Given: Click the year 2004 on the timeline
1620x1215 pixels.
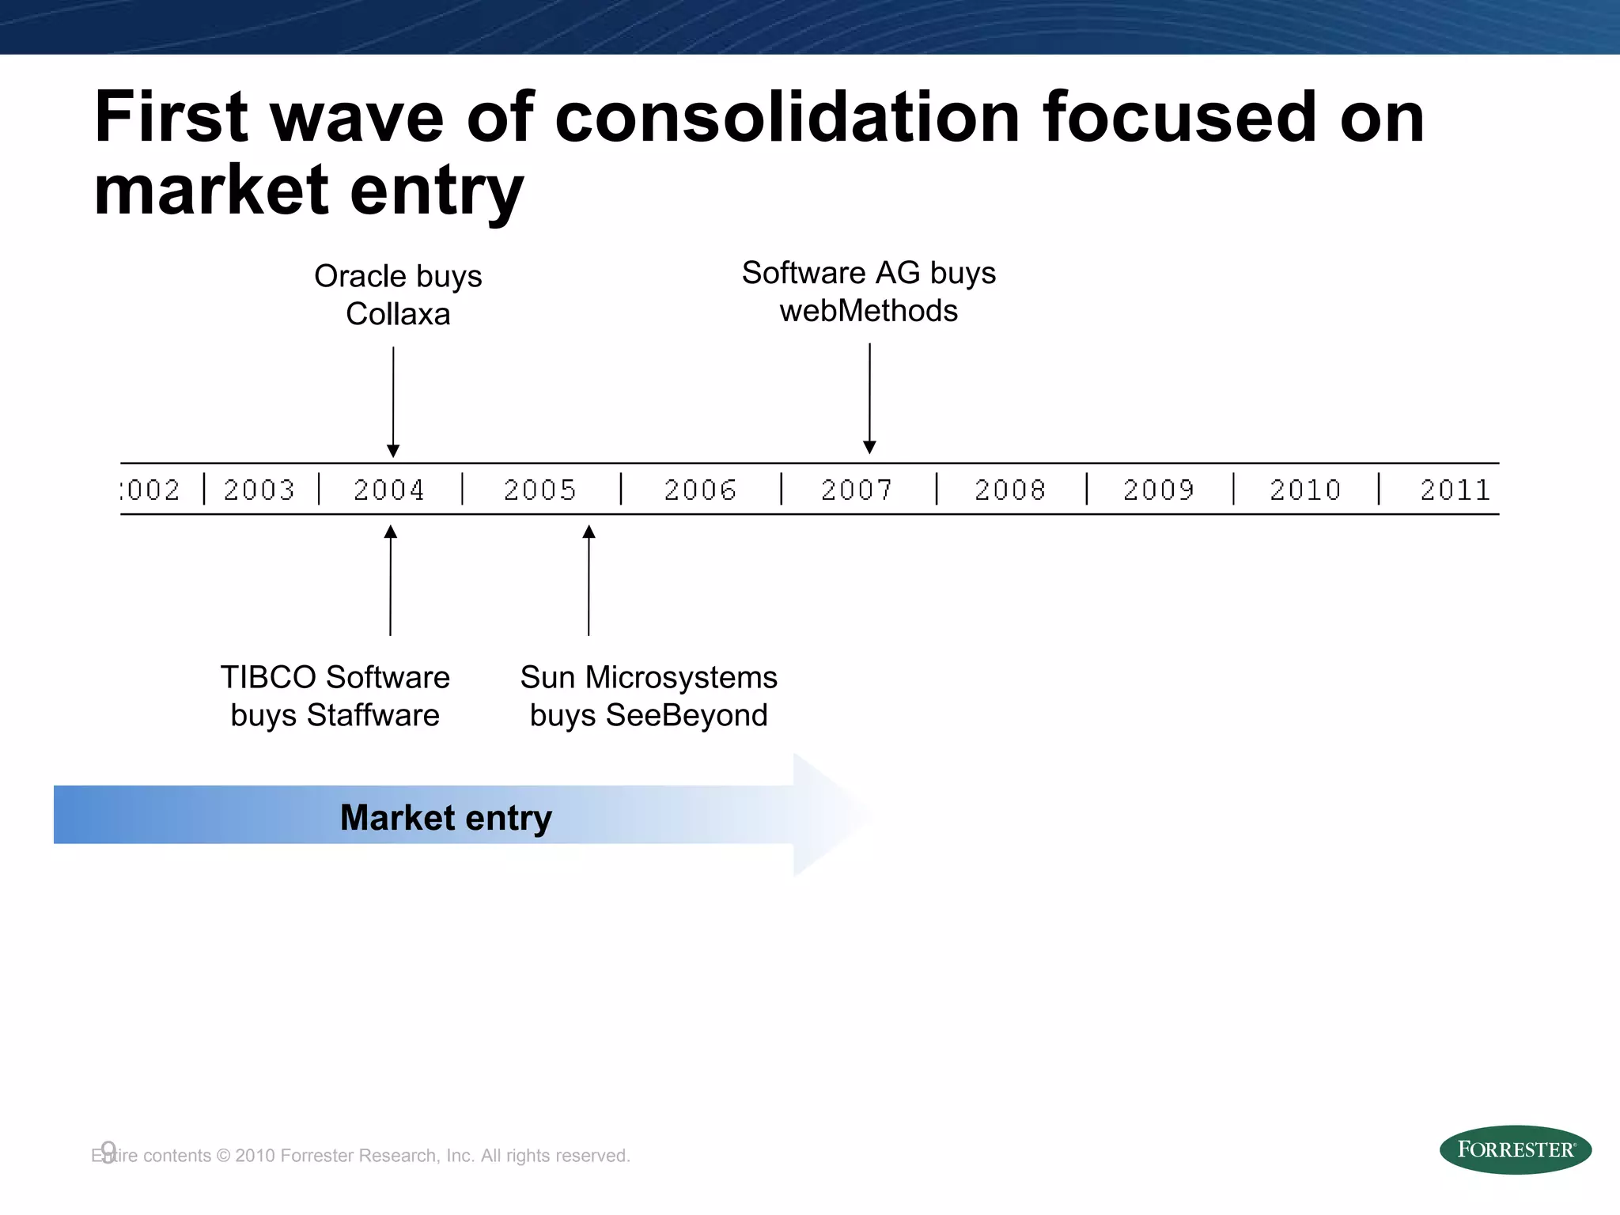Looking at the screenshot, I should click(x=388, y=490).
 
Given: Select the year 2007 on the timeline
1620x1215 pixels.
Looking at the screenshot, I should click(x=857, y=490).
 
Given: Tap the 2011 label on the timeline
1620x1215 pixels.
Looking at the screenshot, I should click(x=1455, y=490).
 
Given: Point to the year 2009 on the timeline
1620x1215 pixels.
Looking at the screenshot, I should click(x=1158, y=490).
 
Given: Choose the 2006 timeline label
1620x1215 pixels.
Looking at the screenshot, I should click(x=700, y=490).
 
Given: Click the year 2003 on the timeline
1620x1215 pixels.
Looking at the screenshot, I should click(x=259, y=490).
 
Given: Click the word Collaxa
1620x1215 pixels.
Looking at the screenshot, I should click(x=398, y=314).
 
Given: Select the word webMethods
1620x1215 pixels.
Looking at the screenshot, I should click(x=869, y=311).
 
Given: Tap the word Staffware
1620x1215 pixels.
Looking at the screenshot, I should click(x=373, y=715).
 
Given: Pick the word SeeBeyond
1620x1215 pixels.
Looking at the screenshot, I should click(x=686, y=715).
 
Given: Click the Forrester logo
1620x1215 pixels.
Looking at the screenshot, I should click(x=1515, y=1149).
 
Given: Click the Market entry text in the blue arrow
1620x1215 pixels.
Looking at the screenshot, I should click(x=445, y=817).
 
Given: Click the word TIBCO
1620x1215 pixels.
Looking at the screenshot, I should click(x=268, y=677).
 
